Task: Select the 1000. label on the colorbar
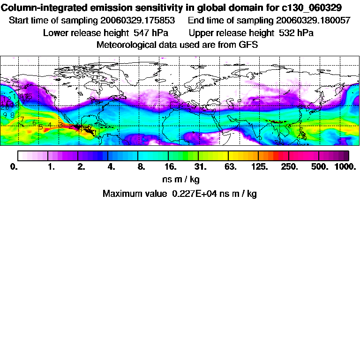coord(345,167)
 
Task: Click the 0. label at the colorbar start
coord(14,167)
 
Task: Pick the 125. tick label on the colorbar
coord(259,167)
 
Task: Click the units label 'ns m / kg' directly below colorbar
coord(180,179)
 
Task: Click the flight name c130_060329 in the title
coord(307,8)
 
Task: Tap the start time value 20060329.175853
coord(138,21)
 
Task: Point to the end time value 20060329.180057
coord(313,21)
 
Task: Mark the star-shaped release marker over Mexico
coord(79,126)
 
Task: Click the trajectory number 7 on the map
coord(22,120)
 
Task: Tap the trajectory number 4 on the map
coord(49,125)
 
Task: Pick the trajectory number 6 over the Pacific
coord(34,123)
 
